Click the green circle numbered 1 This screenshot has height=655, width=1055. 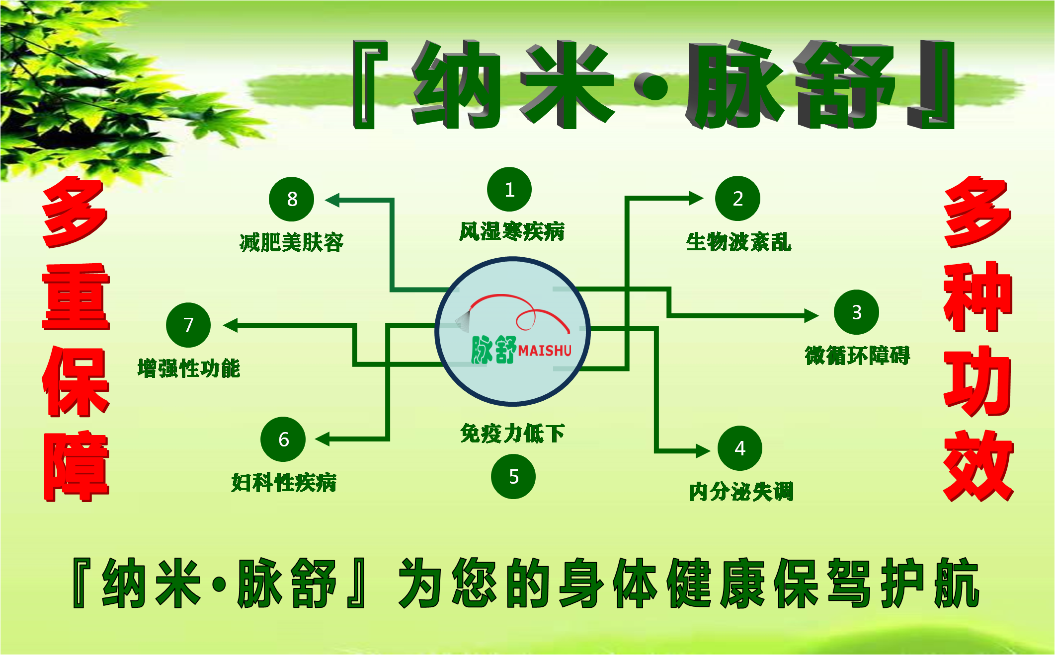(509, 189)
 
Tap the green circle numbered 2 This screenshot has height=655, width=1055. (737, 198)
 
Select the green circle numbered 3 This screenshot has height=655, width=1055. (856, 312)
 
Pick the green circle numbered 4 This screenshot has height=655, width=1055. (740, 448)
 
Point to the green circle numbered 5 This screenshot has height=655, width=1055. (513, 477)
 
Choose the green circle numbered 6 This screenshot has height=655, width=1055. (283, 439)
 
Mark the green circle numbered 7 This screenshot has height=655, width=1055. (188, 325)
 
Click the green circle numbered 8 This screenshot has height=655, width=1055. (292, 199)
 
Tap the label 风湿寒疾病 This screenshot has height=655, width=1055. (512, 231)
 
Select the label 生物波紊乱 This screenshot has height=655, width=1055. (738, 242)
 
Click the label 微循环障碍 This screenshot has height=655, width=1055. (857, 355)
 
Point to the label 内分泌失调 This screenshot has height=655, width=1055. (741, 492)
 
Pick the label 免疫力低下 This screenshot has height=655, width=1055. (512, 433)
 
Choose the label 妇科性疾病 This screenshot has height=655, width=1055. (284, 482)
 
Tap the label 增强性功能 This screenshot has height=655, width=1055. (189, 368)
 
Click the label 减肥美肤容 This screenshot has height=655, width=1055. (292, 242)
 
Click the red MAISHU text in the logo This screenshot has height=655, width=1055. (545, 351)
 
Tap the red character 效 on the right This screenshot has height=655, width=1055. (978, 465)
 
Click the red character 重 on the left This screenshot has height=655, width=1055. (76, 296)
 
